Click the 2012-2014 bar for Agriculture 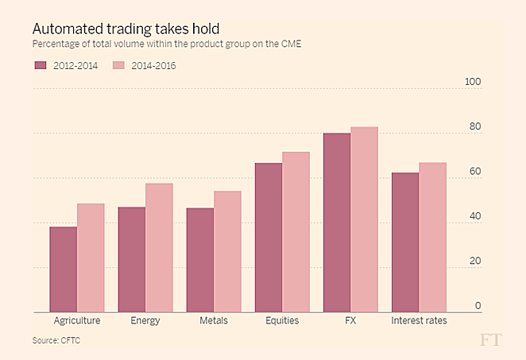(64, 269)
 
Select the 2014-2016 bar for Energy (159, 248)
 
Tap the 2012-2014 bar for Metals (200, 260)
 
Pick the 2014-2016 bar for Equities (296, 232)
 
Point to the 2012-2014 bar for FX (337, 223)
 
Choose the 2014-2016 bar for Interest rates (432, 238)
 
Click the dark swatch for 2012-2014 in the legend (41, 65)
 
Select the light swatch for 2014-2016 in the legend (120, 65)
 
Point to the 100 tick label (473, 83)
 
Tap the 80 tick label (475, 127)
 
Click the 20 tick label (475, 261)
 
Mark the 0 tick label (478, 306)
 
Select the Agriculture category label (77, 321)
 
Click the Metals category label (214, 321)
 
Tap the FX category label (350, 321)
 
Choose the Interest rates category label (419, 321)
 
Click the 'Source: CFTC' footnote (56, 341)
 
